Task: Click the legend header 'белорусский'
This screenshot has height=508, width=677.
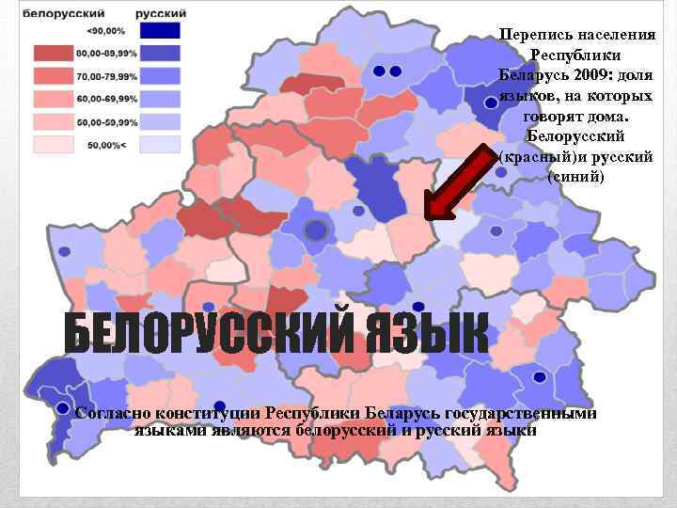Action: [x=63, y=14]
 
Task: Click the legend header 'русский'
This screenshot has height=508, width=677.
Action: [x=161, y=14]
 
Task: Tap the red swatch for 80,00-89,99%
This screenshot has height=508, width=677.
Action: [x=55, y=54]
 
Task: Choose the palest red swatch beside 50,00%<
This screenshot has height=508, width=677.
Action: [x=55, y=144]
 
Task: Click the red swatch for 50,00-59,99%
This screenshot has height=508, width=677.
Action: [x=55, y=121]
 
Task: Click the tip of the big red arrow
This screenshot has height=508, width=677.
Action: [x=427, y=218]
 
